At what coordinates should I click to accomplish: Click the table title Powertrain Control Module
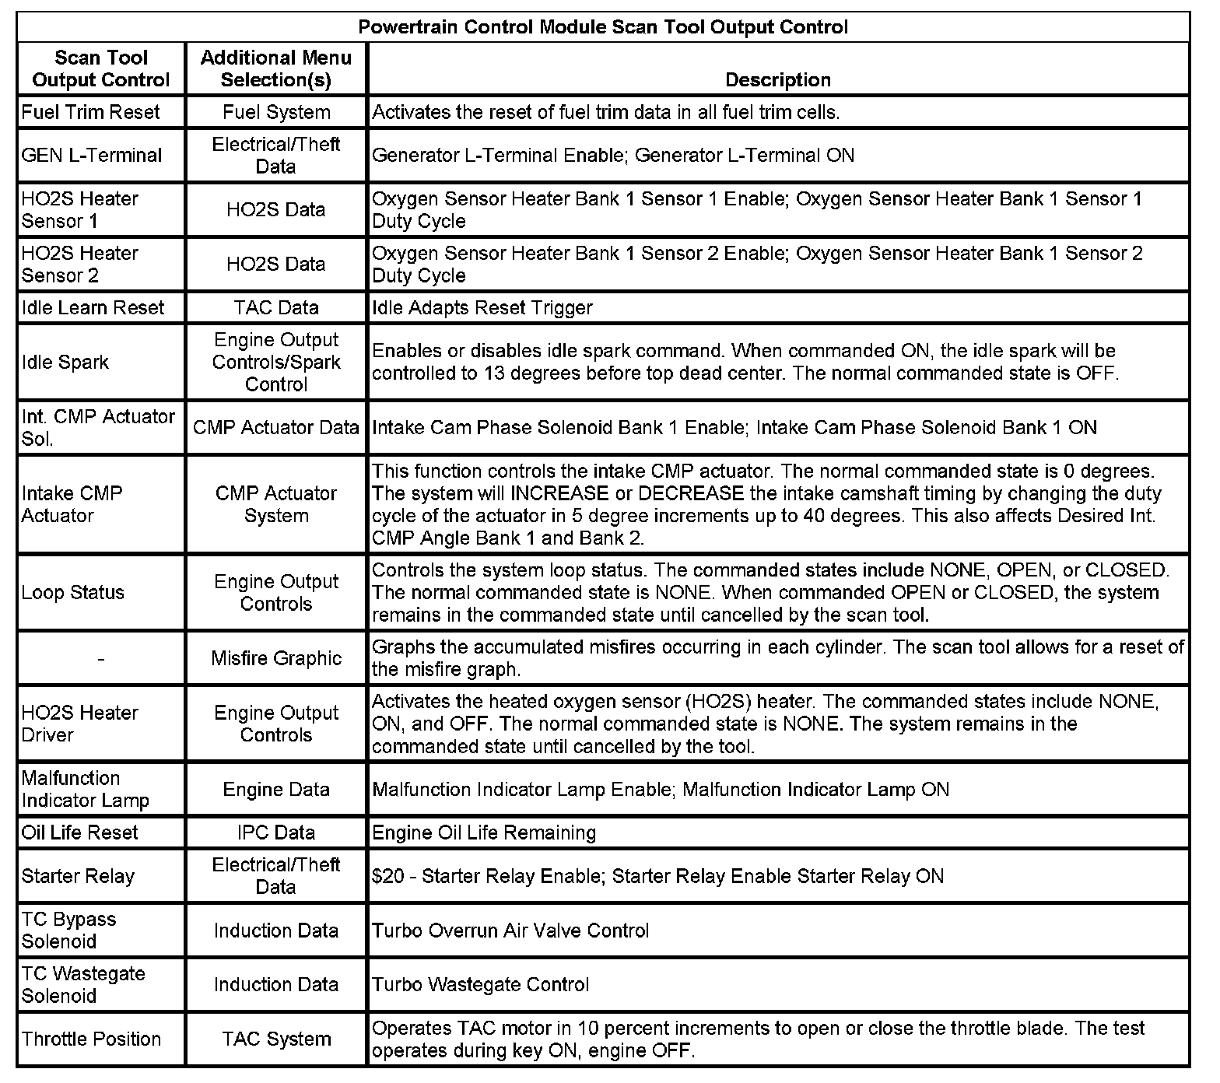[x=603, y=27]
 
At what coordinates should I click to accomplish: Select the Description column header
[x=777, y=79]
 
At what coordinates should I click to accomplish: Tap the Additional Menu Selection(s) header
[x=276, y=68]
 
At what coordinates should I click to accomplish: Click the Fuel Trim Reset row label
[x=90, y=112]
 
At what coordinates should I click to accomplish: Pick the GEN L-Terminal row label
[x=92, y=155]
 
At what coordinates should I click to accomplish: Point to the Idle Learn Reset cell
[x=93, y=307]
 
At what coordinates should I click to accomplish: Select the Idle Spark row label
[x=65, y=362]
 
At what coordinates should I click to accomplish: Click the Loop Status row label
[x=73, y=592]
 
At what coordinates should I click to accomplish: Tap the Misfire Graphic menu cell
[x=276, y=658]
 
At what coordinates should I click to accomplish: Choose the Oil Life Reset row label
[x=80, y=832]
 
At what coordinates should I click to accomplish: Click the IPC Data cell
[x=276, y=832]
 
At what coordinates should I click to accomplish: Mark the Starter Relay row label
[x=78, y=876]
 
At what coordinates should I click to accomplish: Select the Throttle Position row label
[x=91, y=1039]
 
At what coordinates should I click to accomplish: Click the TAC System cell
[x=276, y=1039]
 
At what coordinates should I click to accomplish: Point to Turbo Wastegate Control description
[x=480, y=984]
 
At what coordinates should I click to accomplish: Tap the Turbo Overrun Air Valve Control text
[x=510, y=931]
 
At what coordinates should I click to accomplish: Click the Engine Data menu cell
[x=276, y=789]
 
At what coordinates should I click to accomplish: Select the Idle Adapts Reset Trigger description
[x=482, y=307]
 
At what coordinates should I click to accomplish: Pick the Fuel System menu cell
[x=276, y=112]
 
